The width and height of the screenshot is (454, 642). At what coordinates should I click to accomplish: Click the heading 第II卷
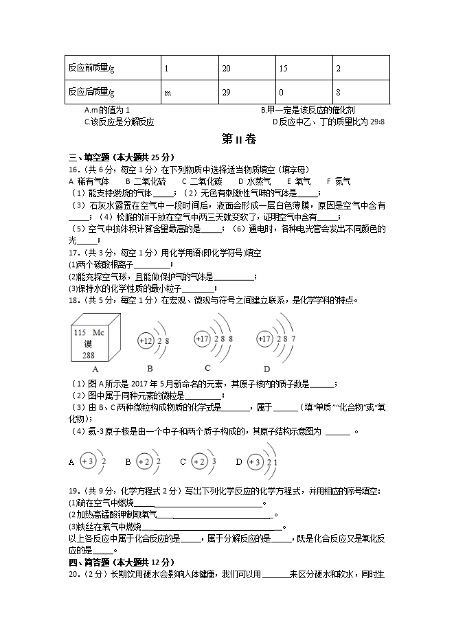click(x=238, y=139)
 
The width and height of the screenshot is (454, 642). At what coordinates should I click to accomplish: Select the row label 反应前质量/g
click(x=91, y=68)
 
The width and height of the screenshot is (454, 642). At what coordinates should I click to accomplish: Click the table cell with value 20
click(x=227, y=68)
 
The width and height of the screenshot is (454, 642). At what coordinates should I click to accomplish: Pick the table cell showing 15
click(x=282, y=68)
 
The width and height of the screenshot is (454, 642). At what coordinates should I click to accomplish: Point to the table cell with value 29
click(x=227, y=92)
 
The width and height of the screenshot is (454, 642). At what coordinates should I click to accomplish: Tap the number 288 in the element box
click(x=89, y=355)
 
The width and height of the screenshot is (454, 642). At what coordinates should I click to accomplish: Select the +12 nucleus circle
click(x=146, y=341)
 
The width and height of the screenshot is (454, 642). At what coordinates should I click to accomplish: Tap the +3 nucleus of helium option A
click(x=88, y=461)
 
